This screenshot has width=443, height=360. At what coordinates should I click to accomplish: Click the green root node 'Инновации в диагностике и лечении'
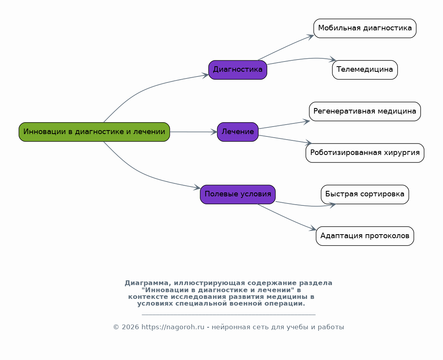point(94,132)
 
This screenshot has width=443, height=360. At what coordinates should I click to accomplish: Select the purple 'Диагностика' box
point(238,70)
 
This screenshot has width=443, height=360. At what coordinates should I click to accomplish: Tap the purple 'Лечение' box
point(238,132)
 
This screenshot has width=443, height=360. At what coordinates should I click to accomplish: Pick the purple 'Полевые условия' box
point(238,194)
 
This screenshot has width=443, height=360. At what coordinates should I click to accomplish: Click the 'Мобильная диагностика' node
point(365,28)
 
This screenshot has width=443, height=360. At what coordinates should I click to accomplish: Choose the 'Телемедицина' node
point(365,70)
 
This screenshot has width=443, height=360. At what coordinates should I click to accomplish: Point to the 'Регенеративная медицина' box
point(365,111)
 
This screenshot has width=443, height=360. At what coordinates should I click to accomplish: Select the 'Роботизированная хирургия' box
point(365,153)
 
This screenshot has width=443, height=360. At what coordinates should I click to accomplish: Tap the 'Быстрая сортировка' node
point(365,194)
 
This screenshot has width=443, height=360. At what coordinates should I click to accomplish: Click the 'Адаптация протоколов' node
point(365,236)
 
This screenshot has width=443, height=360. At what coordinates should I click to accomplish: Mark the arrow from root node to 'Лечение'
point(194,132)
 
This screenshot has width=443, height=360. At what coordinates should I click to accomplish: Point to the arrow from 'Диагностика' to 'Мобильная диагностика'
point(285,47)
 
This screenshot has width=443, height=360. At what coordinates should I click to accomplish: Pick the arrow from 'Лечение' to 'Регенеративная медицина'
point(284,125)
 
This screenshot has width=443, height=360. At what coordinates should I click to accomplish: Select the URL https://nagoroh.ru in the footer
point(173,327)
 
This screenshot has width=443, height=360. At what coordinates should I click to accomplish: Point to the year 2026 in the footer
point(130,327)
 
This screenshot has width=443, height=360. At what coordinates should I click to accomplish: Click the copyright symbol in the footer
point(116,327)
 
